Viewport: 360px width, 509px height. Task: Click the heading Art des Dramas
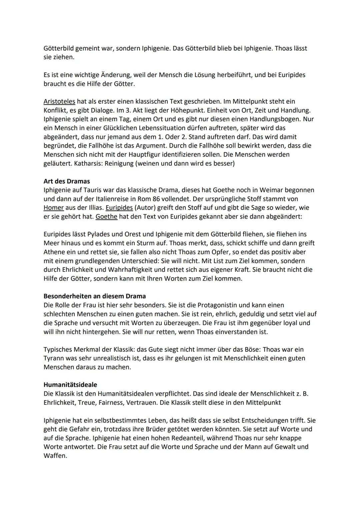[x=67, y=181]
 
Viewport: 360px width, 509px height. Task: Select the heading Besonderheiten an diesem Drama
[x=95, y=296]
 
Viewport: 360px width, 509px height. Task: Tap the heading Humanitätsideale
[x=70, y=385]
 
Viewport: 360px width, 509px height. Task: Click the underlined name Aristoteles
[x=59, y=101]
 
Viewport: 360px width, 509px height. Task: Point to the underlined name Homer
[x=54, y=208]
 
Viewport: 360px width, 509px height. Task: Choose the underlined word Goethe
[x=107, y=217]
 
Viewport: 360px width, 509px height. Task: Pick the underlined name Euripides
[x=119, y=208]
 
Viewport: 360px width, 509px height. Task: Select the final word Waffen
[x=55, y=456]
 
